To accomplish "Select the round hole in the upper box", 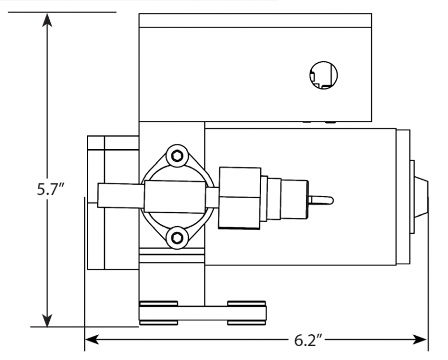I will pyautogui.click(x=324, y=74).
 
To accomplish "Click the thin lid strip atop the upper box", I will pyautogui.click(x=255, y=20).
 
